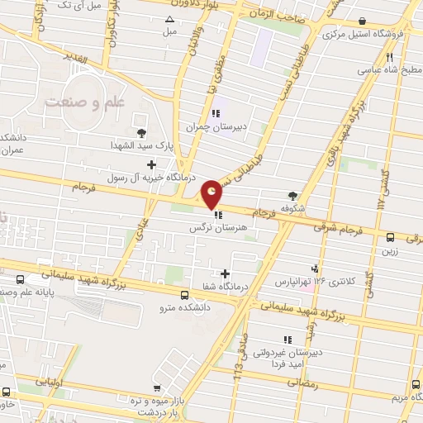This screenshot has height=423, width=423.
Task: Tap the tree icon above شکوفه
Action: (293, 196)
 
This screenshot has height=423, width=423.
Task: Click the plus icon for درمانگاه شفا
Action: (225, 273)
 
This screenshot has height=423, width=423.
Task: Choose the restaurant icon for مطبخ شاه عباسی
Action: (389, 57)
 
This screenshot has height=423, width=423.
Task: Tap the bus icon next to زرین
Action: (390, 237)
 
